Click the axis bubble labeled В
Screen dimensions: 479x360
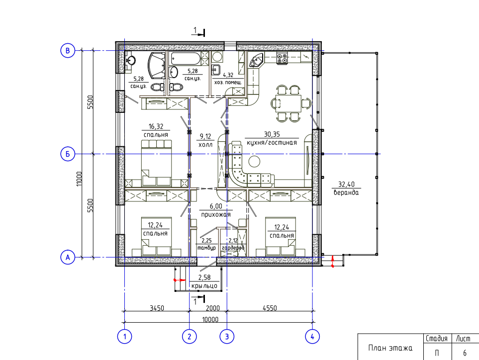click(x=68, y=50)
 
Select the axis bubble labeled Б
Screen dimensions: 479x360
click(x=68, y=154)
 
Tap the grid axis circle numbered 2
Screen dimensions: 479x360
click(x=190, y=337)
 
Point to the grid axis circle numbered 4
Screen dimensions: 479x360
click(x=312, y=337)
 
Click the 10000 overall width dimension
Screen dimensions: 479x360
click(x=210, y=319)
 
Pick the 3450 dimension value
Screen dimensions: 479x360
click(x=157, y=308)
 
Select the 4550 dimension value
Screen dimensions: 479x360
click(x=270, y=308)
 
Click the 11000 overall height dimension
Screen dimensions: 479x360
click(x=80, y=179)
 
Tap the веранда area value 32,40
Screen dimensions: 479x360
click(x=346, y=184)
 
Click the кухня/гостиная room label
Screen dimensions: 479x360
click(x=272, y=143)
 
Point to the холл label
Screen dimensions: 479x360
click(x=205, y=145)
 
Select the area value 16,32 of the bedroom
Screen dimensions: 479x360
click(x=156, y=126)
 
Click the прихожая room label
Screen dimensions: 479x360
click(x=216, y=215)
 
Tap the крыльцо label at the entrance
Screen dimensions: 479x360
click(x=204, y=286)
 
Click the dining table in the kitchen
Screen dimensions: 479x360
click(x=288, y=103)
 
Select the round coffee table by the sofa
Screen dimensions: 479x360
click(x=254, y=162)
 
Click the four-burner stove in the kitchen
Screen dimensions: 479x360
click(x=282, y=58)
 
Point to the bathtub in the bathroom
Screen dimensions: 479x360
click(x=185, y=58)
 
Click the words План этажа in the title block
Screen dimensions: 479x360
click(x=390, y=348)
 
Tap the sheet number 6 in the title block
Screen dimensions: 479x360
click(x=465, y=353)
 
